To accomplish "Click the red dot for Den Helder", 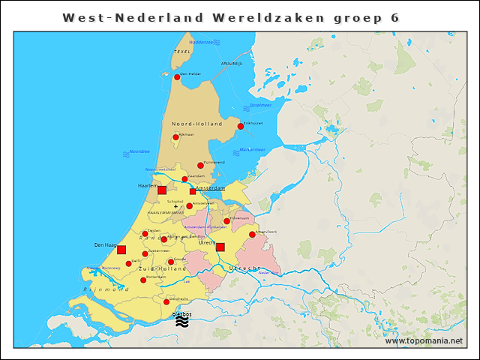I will pos(177,76).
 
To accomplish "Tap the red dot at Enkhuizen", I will pos(241,126).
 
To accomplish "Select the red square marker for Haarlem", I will pos(162,190).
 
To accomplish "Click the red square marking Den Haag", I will pos(121,250).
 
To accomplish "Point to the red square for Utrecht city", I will pos(220,247).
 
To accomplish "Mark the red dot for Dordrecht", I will pos(166,302).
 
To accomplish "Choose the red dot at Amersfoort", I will pos(252,234).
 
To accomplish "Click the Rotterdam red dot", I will pos(143,280).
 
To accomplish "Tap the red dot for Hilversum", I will pos(226,221).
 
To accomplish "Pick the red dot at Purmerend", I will pos(200,165).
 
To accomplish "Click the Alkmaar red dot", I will pos(176,137).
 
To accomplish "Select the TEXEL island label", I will pos(182,52).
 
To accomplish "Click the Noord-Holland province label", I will pos(197,123).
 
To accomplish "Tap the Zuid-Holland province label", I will pos(162,268).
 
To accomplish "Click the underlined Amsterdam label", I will pos(211,187).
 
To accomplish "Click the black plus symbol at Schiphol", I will pos(175,206).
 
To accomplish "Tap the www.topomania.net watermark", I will pos(424,340).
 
